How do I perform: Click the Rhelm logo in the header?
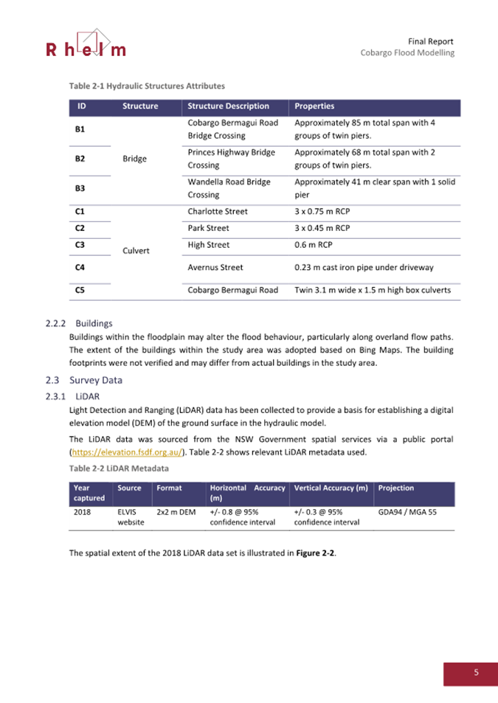[x=86, y=44]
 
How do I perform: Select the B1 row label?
[x=80, y=129]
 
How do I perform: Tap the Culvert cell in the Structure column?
[x=136, y=250]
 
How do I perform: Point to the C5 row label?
[x=80, y=291]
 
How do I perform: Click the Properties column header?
[x=314, y=106]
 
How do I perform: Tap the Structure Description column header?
[x=229, y=106]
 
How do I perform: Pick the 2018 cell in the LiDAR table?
[x=83, y=510]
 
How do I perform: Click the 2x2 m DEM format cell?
[x=176, y=510]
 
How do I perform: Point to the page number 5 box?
[x=475, y=672]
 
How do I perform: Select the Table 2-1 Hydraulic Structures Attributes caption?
[x=147, y=86]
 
